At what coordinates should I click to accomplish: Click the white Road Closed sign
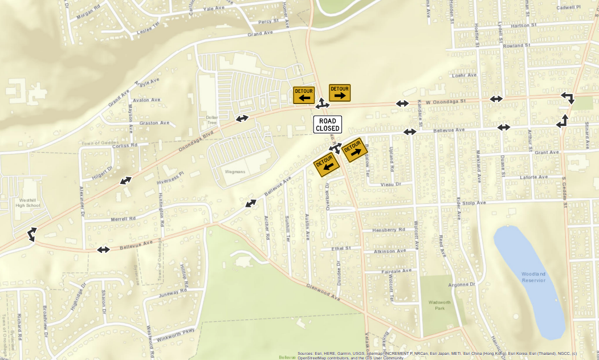pyautogui.click(x=328, y=125)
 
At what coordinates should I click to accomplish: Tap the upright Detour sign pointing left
pyautogui.click(x=304, y=95)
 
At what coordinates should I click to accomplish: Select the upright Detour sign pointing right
pyautogui.click(x=340, y=93)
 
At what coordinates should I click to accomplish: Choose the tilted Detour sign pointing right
pyautogui.click(x=355, y=150)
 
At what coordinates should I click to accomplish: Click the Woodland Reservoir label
pyautogui.click(x=533, y=277)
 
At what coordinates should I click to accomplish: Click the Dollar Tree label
pyautogui.click(x=212, y=120)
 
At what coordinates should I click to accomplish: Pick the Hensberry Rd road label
pyautogui.click(x=388, y=230)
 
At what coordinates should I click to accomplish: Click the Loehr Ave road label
pyautogui.click(x=463, y=75)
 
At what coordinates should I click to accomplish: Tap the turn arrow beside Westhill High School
pyautogui.click(x=32, y=234)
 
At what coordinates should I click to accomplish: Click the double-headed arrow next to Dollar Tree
pyautogui.click(x=242, y=118)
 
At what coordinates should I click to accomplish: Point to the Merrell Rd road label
pyautogui.click(x=123, y=219)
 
